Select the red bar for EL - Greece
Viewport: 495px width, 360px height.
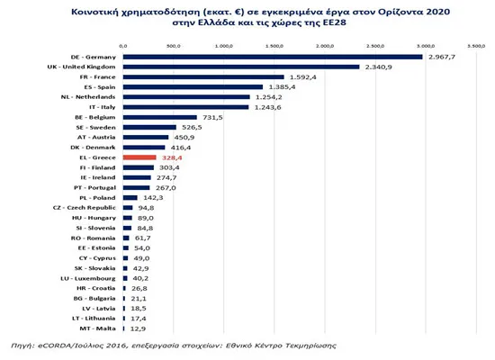pyautogui.click(x=139, y=157)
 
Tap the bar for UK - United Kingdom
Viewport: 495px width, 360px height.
pyautogui.click(x=240, y=67)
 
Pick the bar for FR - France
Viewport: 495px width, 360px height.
pyautogui.click(x=202, y=77)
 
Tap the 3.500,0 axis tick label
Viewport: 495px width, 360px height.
pyautogui.click(x=473, y=43)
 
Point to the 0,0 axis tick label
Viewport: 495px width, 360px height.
pyautogui.click(x=122, y=43)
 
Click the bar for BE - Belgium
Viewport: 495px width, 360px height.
pyautogui.click(x=158, y=117)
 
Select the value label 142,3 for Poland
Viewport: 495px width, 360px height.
pyautogui.click(x=152, y=197)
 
